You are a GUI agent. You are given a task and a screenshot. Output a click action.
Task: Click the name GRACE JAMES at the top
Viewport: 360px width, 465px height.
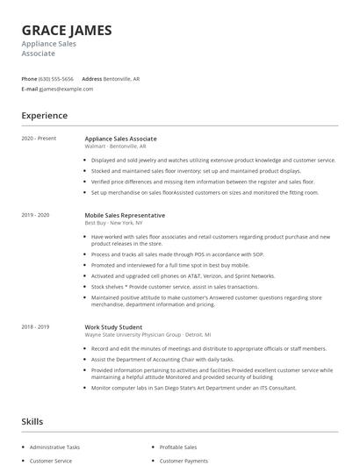click(x=67, y=30)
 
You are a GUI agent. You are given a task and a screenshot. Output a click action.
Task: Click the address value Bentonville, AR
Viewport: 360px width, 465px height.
click(x=121, y=79)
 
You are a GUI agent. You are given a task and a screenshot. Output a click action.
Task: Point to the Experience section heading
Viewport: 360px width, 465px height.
click(x=44, y=115)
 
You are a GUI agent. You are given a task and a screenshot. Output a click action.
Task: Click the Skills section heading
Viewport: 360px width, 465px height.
click(x=32, y=422)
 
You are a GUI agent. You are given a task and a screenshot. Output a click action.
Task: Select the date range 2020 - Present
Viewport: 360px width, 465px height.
click(x=38, y=139)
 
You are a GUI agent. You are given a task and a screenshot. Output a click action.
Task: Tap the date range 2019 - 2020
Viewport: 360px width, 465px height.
click(x=36, y=215)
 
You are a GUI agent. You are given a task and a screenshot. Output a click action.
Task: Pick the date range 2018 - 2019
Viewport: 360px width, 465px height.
click(x=36, y=326)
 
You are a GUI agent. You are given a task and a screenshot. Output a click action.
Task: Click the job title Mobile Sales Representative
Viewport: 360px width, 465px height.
click(x=125, y=215)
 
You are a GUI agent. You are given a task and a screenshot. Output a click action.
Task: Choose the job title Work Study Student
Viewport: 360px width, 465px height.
click(x=115, y=326)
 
